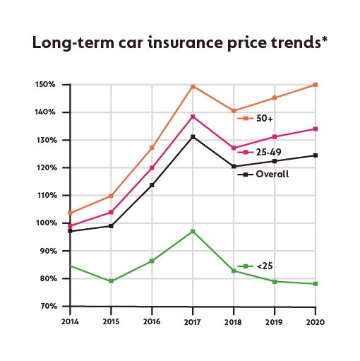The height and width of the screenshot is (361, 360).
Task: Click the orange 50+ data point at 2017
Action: [193, 86]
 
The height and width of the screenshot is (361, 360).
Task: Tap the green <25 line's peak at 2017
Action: [193, 231]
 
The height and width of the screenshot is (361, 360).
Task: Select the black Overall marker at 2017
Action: [193, 136]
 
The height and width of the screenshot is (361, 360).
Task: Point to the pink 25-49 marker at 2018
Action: [234, 148]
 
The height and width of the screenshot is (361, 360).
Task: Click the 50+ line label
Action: [265, 119]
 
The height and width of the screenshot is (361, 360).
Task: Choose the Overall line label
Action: [272, 173]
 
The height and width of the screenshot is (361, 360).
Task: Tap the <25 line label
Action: [265, 266]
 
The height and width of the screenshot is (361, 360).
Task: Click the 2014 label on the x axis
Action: [69, 321]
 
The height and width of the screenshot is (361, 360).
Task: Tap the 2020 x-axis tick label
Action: [315, 321]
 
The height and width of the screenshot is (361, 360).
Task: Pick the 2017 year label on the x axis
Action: [192, 321]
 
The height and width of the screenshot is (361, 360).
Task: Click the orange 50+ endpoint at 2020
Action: [315, 84]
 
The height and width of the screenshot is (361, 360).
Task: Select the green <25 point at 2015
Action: [110, 281]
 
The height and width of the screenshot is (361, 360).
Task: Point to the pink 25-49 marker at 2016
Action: [152, 168]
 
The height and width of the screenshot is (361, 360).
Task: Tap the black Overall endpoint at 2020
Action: [315, 155]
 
